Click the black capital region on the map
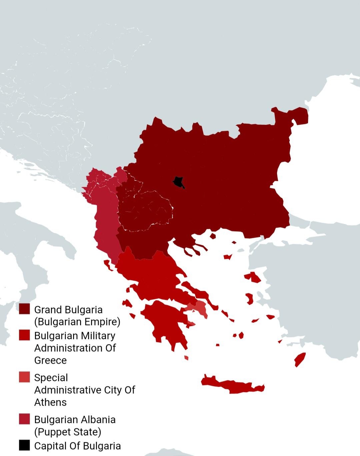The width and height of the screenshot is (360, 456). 178,182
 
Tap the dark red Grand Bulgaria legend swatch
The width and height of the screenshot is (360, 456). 24,309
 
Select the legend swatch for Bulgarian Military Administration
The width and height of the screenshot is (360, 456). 24,335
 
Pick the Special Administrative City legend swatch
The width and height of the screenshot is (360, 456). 24,377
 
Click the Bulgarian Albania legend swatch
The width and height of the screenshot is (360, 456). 24,419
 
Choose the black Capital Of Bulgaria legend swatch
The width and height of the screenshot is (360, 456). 24,445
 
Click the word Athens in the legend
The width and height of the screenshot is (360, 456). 50,402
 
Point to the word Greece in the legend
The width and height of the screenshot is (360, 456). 50,360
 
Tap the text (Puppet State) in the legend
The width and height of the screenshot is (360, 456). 68,432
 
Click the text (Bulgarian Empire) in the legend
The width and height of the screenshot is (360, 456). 77,322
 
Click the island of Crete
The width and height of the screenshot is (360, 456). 233,385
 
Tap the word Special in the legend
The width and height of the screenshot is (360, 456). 51,378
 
